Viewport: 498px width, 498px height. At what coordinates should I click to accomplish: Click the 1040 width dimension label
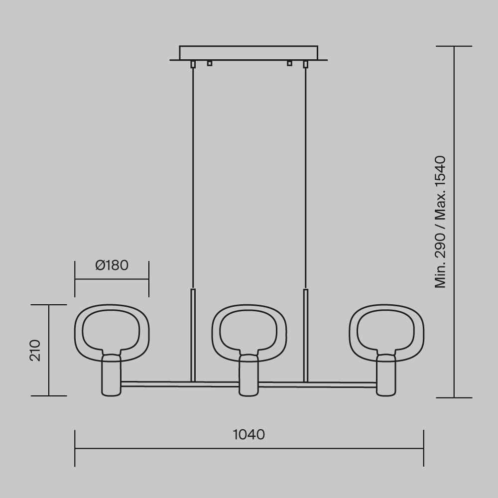tap(249, 434)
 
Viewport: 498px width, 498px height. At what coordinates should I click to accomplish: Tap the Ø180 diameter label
tap(112, 265)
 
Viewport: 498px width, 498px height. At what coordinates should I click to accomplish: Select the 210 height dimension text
tap(35, 350)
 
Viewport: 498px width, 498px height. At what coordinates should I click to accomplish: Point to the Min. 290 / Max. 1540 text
tap(440, 222)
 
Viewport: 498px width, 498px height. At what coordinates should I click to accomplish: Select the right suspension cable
tap(304, 174)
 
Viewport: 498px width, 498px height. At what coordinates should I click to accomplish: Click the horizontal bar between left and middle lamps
tap(179, 384)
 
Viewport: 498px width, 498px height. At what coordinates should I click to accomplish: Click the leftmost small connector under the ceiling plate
tap(193, 64)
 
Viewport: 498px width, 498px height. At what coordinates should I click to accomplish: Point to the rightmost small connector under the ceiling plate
tap(305, 64)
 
